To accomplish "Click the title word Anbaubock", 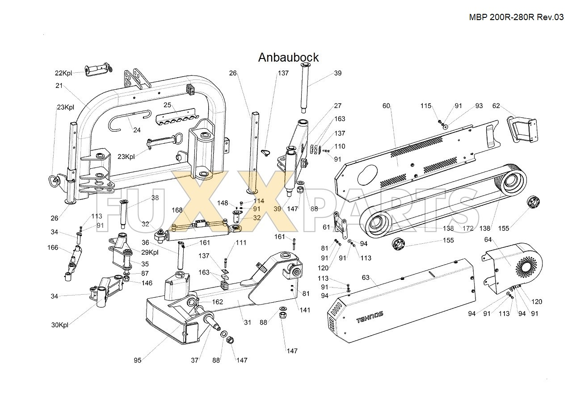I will pyautogui.click(x=288, y=58).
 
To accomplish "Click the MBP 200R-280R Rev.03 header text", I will pyautogui.click(x=516, y=17).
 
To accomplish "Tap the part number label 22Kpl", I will pyautogui.click(x=63, y=73).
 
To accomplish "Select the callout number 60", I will pyautogui.click(x=387, y=106).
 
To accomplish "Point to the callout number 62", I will pyautogui.click(x=496, y=106).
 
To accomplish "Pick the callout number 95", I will pyautogui.click(x=138, y=360).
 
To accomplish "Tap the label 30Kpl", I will pyautogui.click(x=59, y=325).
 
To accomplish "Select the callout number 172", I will pyautogui.click(x=468, y=228).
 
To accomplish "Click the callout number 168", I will pyautogui.click(x=177, y=210).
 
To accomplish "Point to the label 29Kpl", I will pyautogui.click(x=150, y=253).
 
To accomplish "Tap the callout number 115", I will pyautogui.click(x=426, y=106).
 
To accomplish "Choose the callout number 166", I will pyautogui.click(x=53, y=247).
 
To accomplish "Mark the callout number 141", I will pyautogui.click(x=305, y=310).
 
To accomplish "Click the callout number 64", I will pyautogui.click(x=488, y=240).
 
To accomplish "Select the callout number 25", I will pyautogui.click(x=167, y=105).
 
